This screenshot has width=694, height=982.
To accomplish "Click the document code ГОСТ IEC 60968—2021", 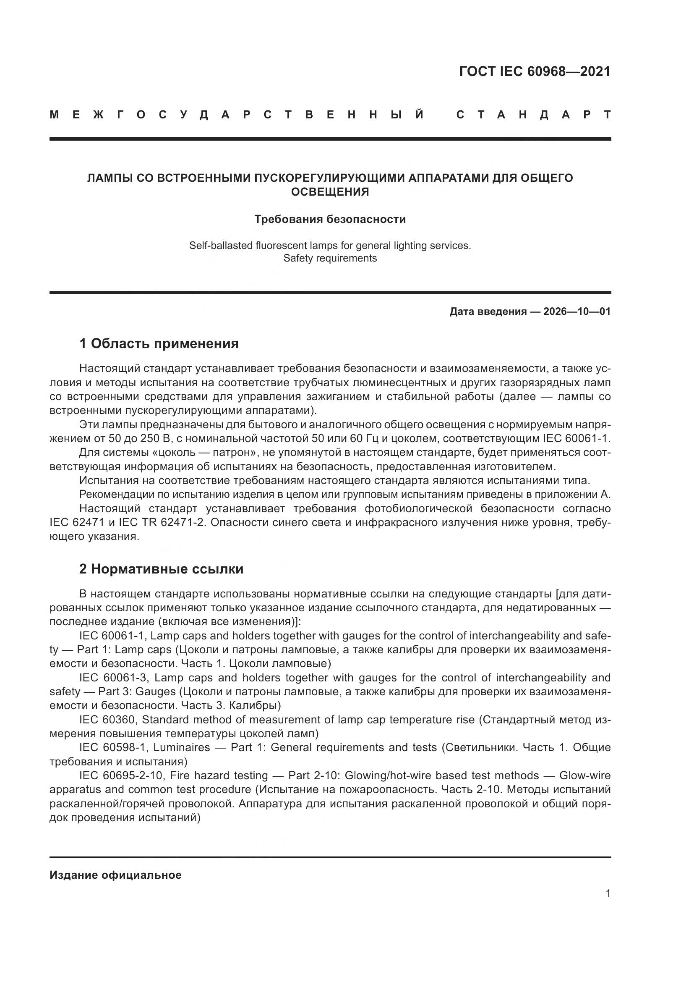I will tap(535, 71).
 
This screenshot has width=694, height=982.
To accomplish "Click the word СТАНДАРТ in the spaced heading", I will tap(533, 115).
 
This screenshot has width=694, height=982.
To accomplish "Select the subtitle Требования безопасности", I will tap(330, 220).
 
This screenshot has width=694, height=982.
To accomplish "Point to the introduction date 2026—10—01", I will tap(577, 312).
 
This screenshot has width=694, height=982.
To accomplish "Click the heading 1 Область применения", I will tap(159, 343).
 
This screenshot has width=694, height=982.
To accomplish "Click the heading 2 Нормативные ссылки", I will tap(161, 569).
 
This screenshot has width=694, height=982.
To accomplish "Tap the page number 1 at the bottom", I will tap(608, 893).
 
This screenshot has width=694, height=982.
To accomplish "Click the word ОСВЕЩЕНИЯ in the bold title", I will tap(330, 191).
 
